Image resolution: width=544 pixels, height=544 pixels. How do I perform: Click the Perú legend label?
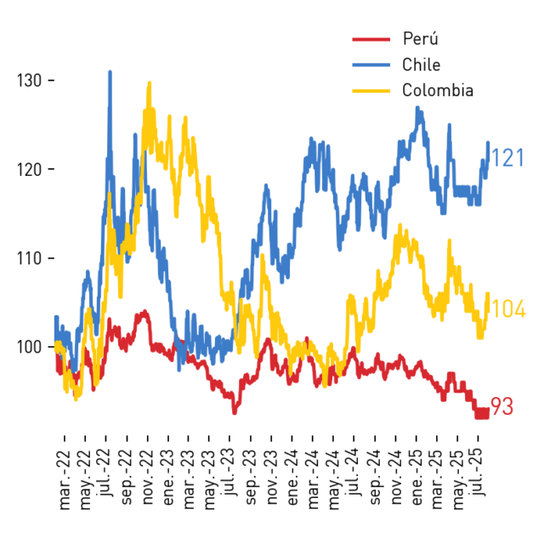coord(421,38)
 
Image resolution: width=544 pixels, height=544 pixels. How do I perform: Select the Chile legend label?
coord(422,65)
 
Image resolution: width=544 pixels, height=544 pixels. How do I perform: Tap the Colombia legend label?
coord(438,91)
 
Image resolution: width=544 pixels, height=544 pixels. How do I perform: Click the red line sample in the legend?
coord(371,39)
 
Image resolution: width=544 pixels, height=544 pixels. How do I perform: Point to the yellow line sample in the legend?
coord(371,91)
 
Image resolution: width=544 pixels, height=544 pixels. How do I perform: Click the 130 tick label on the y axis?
coord(30,81)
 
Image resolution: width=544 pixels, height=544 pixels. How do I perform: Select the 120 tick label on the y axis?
coord(30,170)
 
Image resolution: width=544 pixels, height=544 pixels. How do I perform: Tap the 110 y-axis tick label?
coord(30,258)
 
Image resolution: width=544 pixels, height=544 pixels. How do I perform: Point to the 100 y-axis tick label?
coord(30,347)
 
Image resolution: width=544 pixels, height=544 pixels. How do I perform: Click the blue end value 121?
coord(508,158)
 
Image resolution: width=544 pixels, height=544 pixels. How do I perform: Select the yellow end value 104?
coord(509,309)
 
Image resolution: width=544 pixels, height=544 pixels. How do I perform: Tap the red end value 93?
coord(502,406)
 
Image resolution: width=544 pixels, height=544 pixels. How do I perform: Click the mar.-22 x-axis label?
coord(65,480)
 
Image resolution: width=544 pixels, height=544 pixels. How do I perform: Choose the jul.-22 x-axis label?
coord(105,473)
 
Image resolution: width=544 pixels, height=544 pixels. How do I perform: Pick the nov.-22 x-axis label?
coord(147,478)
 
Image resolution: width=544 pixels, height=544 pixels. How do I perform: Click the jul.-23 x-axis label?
coord(229,473)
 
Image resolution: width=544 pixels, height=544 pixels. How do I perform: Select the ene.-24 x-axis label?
coord(292,478)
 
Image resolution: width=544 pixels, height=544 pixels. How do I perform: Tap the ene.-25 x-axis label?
coord(416,478)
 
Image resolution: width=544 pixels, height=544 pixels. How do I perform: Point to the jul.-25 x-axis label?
coord(479,473)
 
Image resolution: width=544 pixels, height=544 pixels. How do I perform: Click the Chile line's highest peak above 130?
coord(110,71)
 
